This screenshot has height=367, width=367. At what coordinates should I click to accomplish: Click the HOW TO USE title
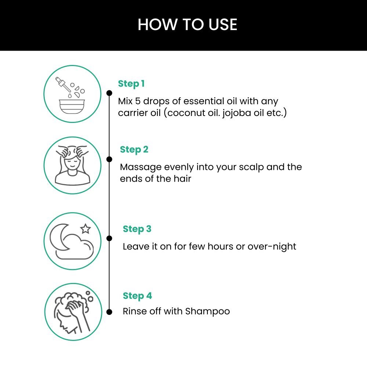[187, 25]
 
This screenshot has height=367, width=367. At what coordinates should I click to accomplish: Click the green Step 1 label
[131, 84]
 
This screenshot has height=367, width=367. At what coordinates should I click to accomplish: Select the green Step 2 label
[134, 150]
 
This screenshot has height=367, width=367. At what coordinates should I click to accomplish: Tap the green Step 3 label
[137, 229]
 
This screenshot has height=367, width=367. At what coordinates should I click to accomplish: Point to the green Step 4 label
[137, 296]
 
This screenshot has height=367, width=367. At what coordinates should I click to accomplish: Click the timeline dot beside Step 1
[109, 93]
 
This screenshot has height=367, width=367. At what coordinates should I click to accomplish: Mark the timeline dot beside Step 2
[109, 159]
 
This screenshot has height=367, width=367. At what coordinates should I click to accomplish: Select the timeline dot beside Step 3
[109, 238]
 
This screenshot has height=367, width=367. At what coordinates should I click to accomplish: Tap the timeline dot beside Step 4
[109, 312]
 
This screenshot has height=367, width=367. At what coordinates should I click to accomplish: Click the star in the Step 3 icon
[86, 229]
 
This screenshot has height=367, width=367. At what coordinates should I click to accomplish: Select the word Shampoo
[207, 312]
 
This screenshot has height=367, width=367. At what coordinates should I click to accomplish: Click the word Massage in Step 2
[141, 167]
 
